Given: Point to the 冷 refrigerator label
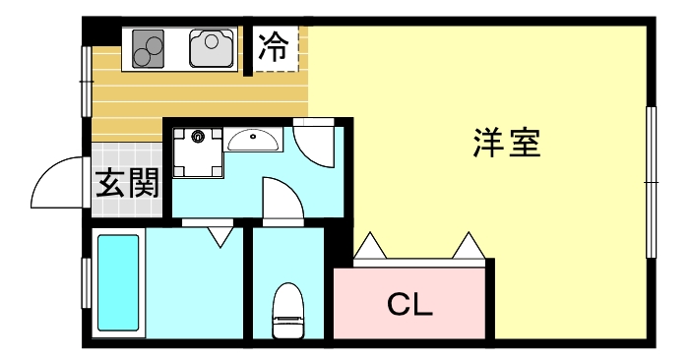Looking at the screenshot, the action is pos(275,46).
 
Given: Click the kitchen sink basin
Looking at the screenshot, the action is pos(212,47).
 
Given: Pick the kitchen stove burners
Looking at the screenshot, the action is pos(148,48).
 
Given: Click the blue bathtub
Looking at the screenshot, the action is pos(119,282).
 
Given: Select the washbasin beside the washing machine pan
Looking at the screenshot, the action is pos(253,141).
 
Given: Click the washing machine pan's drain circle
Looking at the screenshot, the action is pos(200,137).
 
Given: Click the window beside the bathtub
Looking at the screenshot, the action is pos(88,283).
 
